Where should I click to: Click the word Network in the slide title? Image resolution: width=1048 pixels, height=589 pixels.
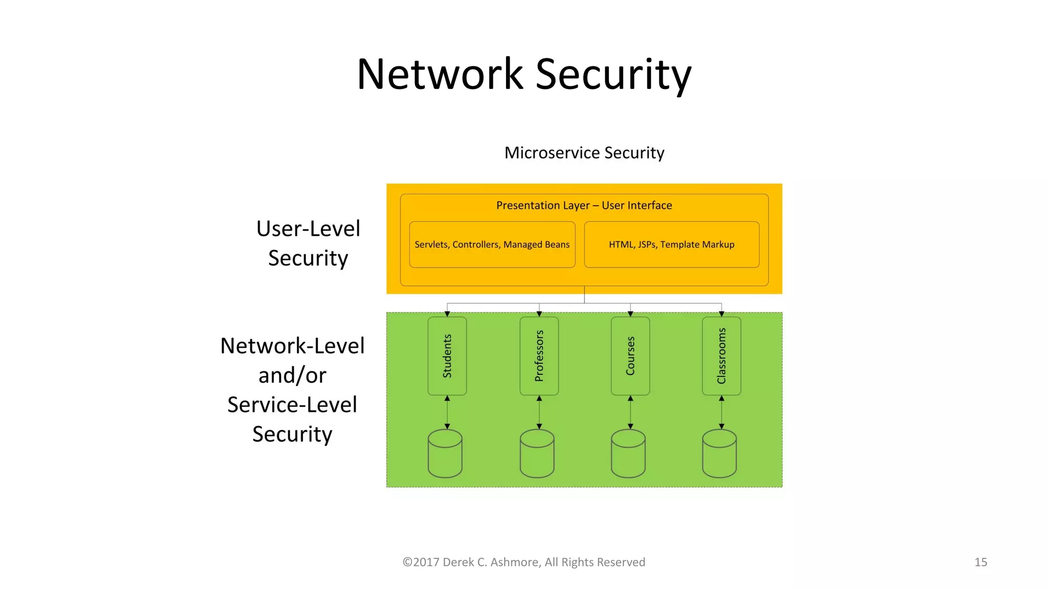click(x=440, y=75)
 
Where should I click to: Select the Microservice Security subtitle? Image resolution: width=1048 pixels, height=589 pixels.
click(x=584, y=153)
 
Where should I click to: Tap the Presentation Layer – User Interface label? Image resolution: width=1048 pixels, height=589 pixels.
click(x=584, y=206)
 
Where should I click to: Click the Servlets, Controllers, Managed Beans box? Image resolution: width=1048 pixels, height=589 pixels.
click(x=492, y=244)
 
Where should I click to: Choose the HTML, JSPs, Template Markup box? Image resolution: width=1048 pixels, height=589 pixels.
click(x=671, y=244)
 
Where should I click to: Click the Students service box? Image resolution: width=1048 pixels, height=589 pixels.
click(x=447, y=356)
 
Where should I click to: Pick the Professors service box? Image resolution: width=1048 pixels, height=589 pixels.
click(x=539, y=356)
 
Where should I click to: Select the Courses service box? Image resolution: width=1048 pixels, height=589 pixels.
click(x=630, y=356)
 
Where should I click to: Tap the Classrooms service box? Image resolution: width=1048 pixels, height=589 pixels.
click(x=722, y=356)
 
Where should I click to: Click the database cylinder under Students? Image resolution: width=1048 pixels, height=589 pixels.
click(x=445, y=454)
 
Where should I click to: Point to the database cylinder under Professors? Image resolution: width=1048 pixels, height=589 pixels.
click(x=537, y=454)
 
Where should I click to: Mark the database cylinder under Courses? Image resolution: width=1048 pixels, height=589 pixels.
click(x=628, y=454)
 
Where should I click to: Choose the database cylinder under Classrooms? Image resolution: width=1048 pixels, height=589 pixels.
click(x=719, y=454)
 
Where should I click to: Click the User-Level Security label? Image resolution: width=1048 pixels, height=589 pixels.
click(x=308, y=243)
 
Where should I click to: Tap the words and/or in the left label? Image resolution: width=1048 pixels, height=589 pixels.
click(x=292, y=376)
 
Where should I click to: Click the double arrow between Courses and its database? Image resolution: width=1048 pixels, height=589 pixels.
click(x=630, y=412)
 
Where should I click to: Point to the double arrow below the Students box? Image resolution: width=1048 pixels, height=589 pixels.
click(x=447, y=412)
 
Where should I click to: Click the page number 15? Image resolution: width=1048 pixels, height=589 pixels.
click(x=980, y=562)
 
